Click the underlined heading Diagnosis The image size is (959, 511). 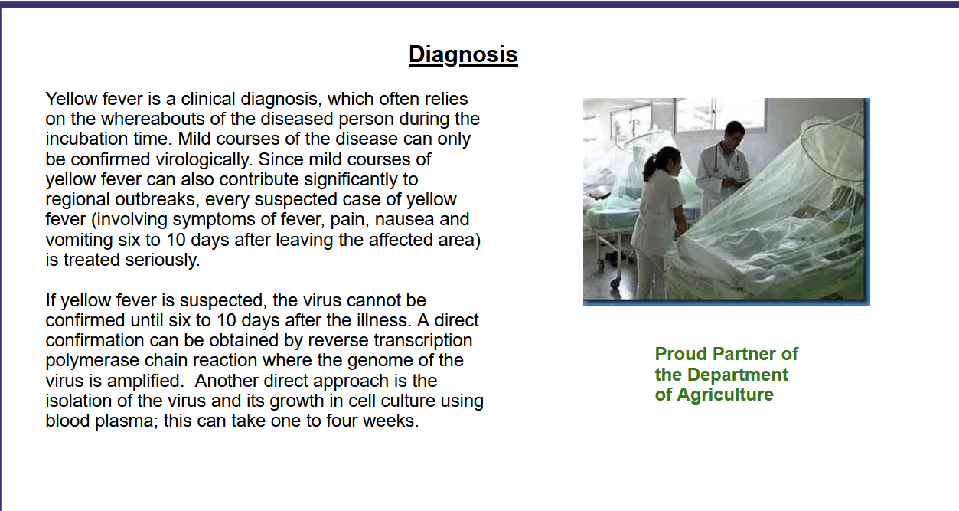(463, 55)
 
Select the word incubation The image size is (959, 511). (87, 139)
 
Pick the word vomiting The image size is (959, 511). (79, 240)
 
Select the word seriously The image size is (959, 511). (162, 260)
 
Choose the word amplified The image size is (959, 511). (145, 381)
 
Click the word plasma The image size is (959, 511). (124, 421)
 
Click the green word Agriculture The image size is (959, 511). (726, 395)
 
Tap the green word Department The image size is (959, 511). (737, 375)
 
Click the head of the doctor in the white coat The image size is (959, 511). (734, 133)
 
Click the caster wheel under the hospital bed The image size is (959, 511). (615, 283)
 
